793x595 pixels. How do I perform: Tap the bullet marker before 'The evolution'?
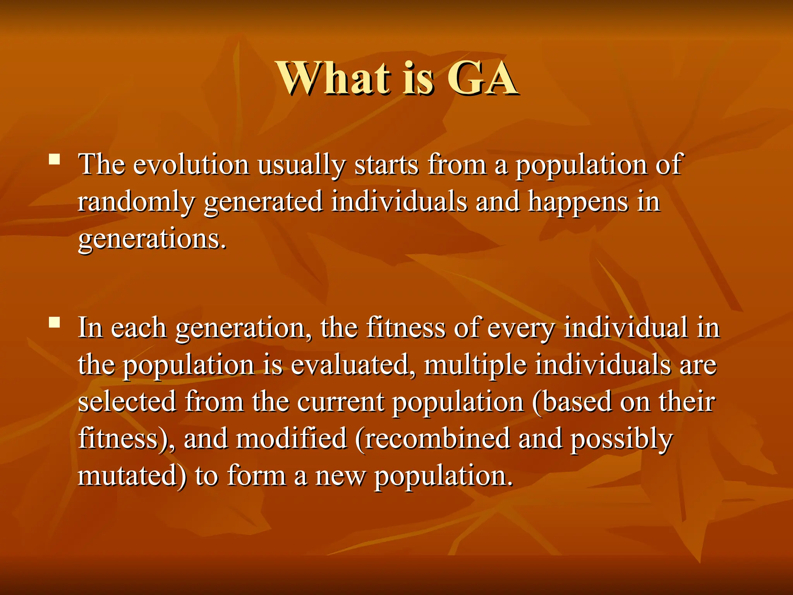(55, 160)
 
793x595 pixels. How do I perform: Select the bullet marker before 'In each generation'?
(55, 322)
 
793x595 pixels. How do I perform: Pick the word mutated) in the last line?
(132, 476)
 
